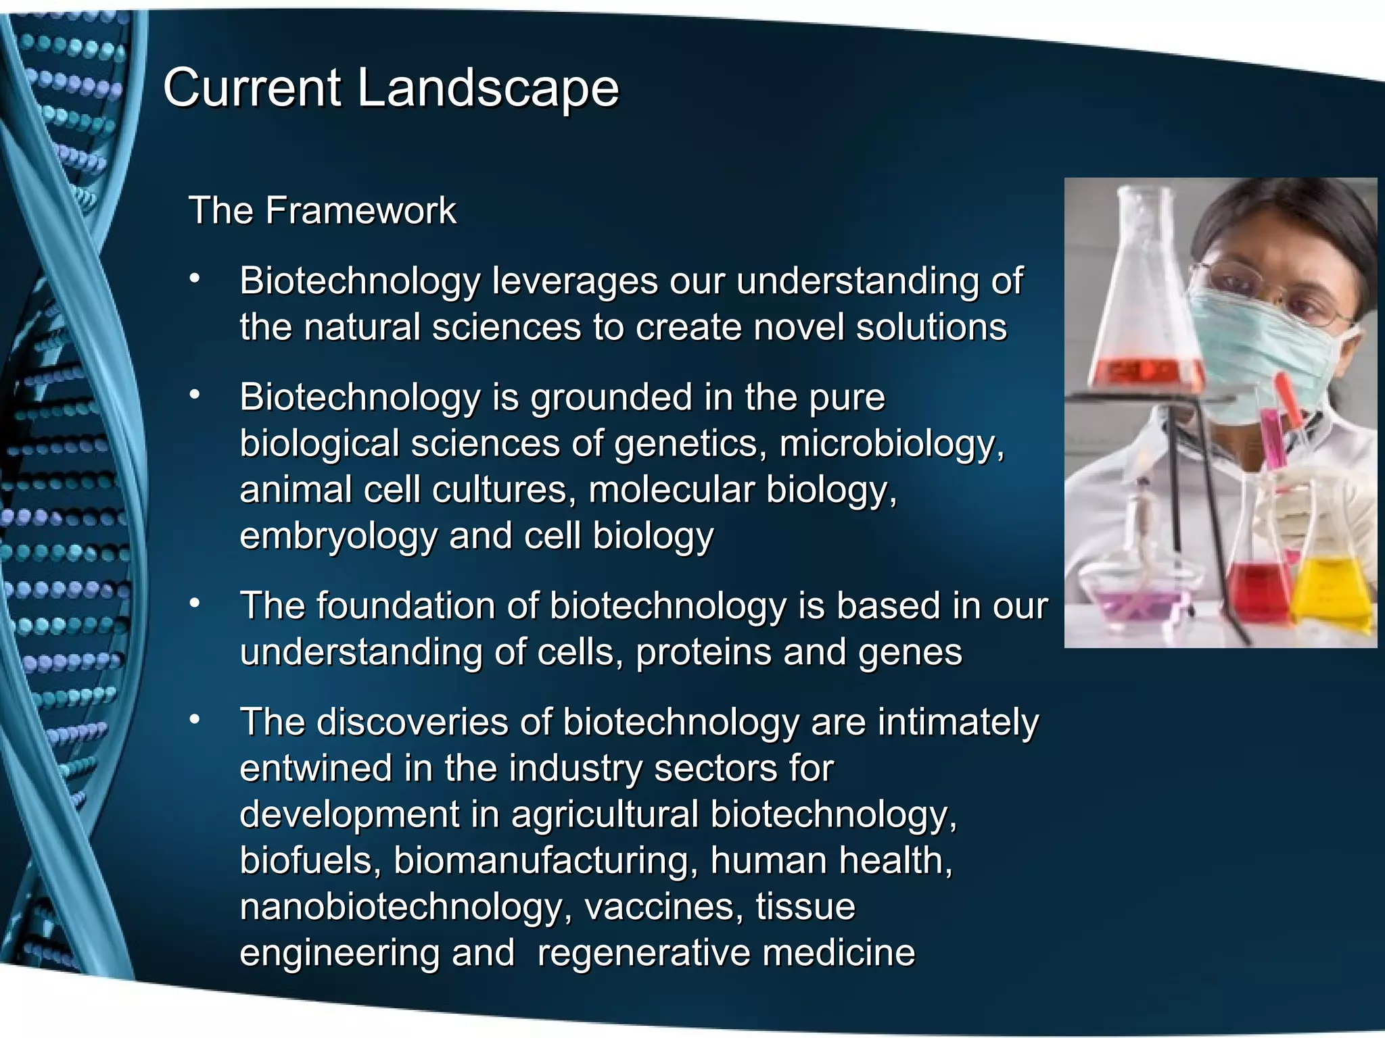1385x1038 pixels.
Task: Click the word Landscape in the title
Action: [487, 88]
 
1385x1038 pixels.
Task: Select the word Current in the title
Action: [252, 88]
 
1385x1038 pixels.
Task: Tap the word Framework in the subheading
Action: [360, 210]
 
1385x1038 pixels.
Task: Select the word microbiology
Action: [891, 444]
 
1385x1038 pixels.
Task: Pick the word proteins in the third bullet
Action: [703, 652]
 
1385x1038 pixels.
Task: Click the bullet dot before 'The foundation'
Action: [195, 603]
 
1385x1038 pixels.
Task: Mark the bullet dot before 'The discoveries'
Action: [195, 720]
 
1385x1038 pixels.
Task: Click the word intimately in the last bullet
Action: [958, 722]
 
